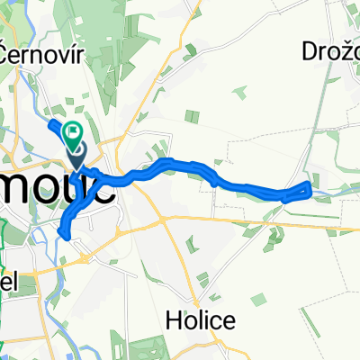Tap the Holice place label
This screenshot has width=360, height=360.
(201, 319)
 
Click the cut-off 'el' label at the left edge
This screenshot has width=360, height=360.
(9, 280)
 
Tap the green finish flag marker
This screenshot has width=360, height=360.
(74, 133)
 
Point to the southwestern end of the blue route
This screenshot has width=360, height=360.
(62, 234)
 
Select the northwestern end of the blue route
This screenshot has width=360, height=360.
(50, 122)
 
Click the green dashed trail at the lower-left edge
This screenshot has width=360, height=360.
(4, 315)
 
